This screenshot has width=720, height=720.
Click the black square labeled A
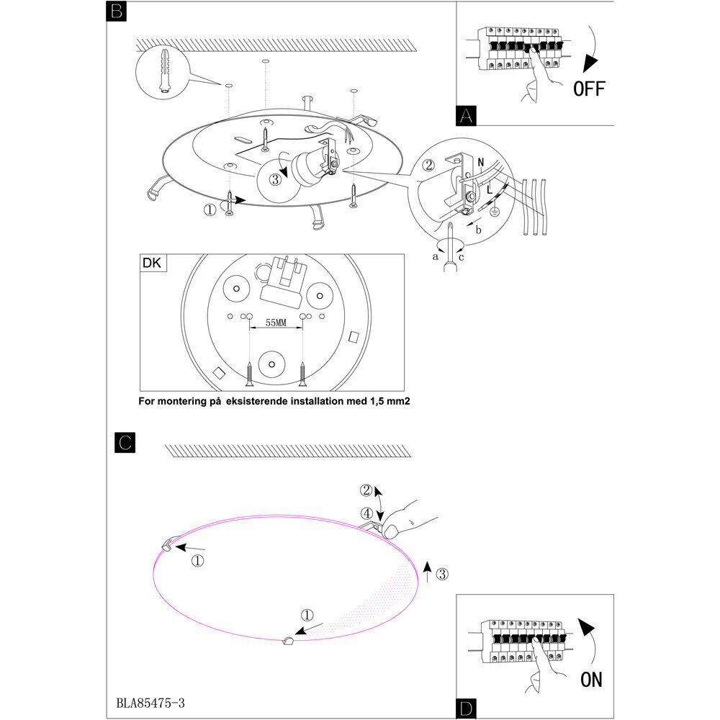point(467,115)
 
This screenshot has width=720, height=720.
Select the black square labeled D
point(467,708)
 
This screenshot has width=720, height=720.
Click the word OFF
point(589,89)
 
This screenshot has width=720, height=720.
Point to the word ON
point(591,679)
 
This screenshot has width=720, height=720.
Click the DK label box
point(153,263)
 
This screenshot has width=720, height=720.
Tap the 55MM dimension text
point(276,323)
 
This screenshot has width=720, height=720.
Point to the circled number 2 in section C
point(367,491)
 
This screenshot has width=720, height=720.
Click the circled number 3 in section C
point(443,574)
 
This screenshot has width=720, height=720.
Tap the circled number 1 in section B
point(210,211)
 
